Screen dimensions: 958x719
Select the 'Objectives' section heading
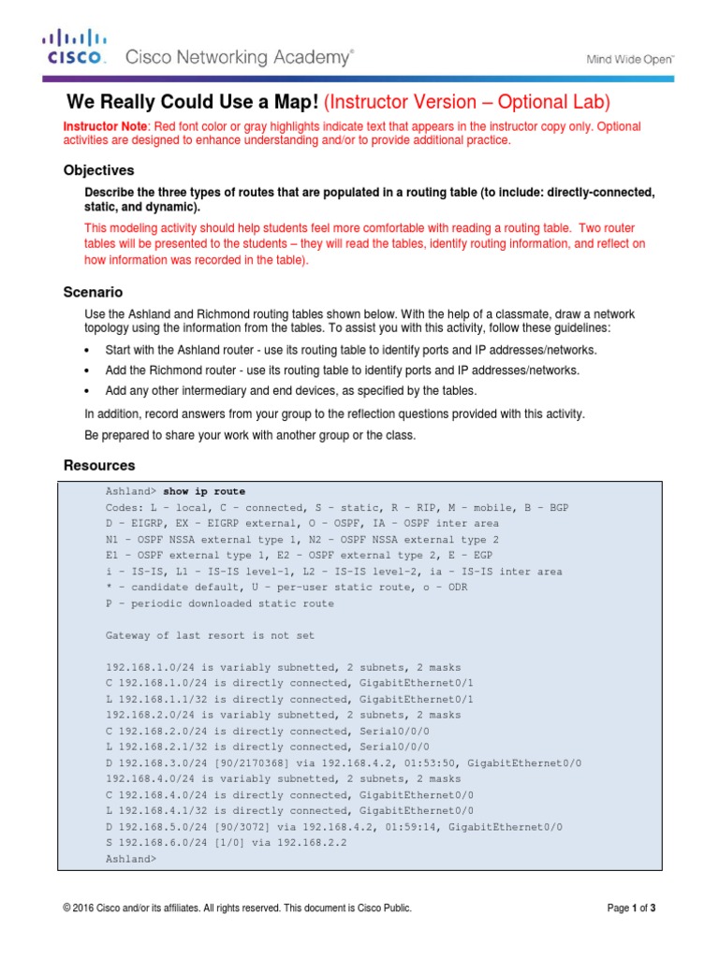coord(98,170)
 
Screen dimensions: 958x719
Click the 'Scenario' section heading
coord(93,293)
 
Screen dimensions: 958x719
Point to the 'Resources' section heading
coord(98,465)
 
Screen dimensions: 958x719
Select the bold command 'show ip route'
coord(204,491)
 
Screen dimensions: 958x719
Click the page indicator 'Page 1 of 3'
coord(632,907)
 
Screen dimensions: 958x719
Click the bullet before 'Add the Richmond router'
coord(87,370)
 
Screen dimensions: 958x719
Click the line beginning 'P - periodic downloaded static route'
coord(220,603)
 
